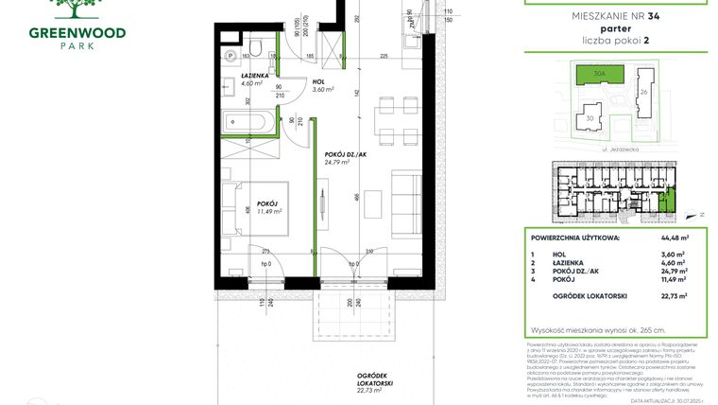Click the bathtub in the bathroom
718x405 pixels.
[247, 122]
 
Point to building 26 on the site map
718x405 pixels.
[644, 92]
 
